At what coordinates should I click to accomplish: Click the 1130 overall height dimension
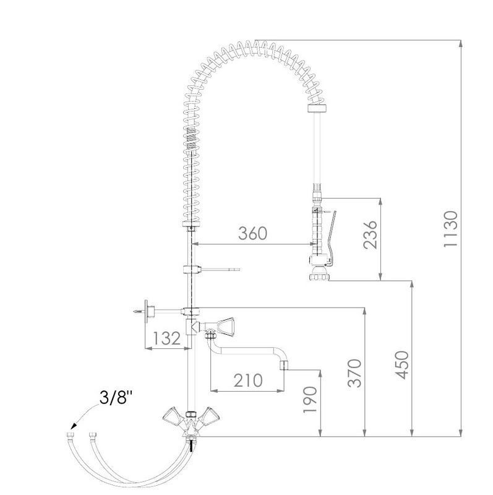(x=450, y=229)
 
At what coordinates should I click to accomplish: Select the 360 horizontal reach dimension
(x=252, y=233)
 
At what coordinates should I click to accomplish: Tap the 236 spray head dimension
(x=370, y=235)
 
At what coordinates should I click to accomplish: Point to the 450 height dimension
(x=403, y=364)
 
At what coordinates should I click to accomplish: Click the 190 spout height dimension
(x=310, y=399)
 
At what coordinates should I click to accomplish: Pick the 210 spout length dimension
(x=248, y=381)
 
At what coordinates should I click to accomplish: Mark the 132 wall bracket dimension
(x=166, y=338)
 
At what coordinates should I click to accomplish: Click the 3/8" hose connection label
(x=116, y=397)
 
